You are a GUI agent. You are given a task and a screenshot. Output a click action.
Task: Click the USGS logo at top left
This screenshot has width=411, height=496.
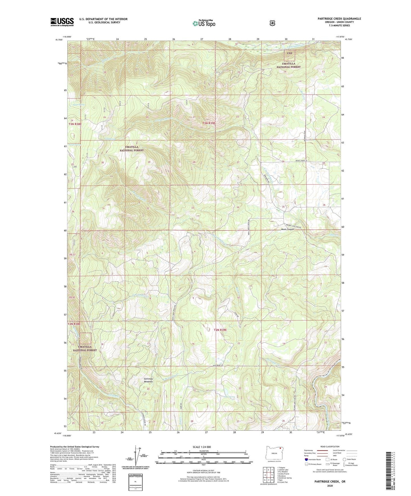(62, 22)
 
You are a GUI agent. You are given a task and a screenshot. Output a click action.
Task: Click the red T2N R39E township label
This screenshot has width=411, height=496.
(220, 330)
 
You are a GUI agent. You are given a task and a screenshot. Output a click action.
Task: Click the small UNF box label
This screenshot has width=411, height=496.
(290, 53)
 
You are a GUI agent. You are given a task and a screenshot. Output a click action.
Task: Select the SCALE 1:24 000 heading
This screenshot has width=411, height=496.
(202, 447)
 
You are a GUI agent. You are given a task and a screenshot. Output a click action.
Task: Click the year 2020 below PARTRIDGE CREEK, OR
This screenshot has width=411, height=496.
(330, 485)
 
